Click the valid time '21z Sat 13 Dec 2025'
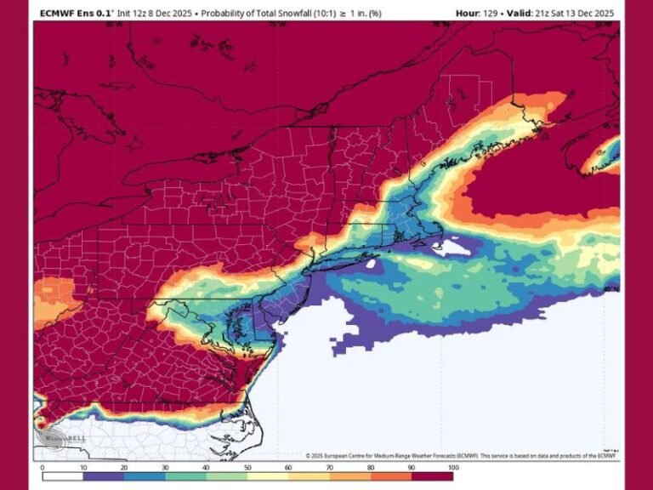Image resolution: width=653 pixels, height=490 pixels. tap(571, 13)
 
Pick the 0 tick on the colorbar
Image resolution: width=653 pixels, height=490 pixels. tap(43, 467)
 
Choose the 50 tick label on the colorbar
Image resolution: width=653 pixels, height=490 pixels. tap(247, 467)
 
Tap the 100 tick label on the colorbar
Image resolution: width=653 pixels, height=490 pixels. tap(452, 467)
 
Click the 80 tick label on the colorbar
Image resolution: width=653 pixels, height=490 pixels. tap(371, 467)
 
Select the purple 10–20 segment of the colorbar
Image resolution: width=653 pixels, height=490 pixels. tap(104, 460)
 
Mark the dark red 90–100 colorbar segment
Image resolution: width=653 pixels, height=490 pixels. tap(432, 460)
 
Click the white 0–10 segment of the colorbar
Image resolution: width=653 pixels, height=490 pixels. tap(63, 460)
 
